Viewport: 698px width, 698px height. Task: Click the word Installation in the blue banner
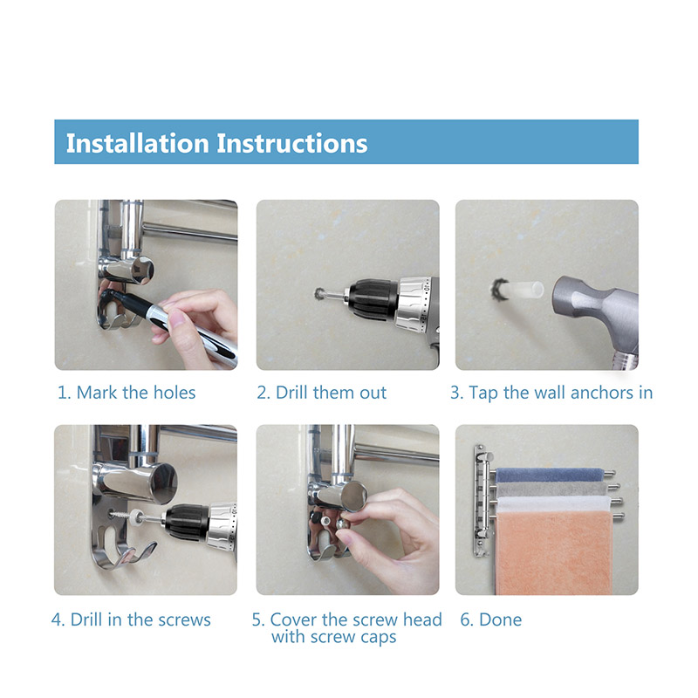[138, 143]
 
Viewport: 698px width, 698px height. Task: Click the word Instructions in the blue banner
[292, 143]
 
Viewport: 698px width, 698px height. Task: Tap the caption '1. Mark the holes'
[127, 393]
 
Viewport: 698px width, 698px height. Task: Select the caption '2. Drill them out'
[321, 393]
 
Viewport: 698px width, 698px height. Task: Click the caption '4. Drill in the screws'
[131, 619]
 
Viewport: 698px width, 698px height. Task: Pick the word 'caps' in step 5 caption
[379, 638]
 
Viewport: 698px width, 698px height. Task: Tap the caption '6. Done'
[490, 619]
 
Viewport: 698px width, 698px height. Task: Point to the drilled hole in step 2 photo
[320, 294]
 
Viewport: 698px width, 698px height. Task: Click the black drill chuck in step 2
[373, 299]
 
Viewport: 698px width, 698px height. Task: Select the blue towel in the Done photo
[550, 475]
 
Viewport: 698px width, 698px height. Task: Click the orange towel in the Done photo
[554, 553]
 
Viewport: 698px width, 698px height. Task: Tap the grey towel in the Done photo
[552, 489]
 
